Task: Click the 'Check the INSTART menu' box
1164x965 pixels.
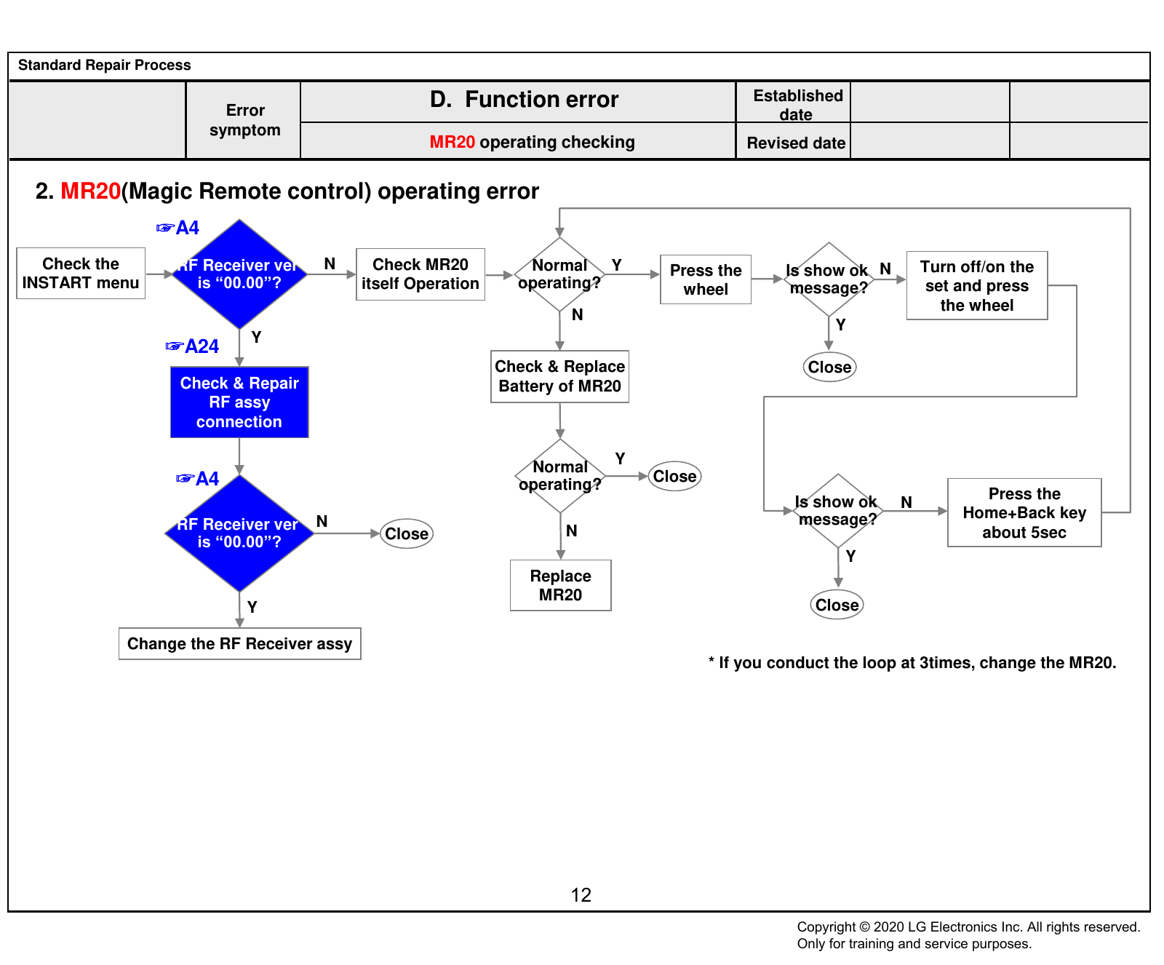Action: tap(81, 273)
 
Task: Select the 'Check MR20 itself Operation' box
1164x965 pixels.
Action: tap(420, 274)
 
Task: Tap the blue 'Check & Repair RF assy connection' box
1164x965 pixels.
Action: tap(239, 402)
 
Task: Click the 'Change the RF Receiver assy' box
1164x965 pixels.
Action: tap(240, 644)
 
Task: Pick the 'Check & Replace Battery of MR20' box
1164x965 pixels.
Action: tap(560, 376)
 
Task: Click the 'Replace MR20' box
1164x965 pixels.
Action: tap(561, 585)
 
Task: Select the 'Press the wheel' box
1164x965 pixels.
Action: tap(706, 279)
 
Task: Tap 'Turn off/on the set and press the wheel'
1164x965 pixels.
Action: tap(977, 286)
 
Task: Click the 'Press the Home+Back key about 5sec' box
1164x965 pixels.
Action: tap(1024, 513)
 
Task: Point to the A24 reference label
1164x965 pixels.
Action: tap(193, 346)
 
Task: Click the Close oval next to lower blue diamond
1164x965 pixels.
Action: tap(407, 534)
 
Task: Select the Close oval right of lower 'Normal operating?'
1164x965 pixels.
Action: tap(674, 477)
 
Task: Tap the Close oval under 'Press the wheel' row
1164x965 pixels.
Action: tap(830, 368)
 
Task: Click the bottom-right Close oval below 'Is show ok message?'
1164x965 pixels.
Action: tap(837, 605)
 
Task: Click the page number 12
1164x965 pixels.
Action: tap(581, 895)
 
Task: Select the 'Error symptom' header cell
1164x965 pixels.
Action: tap(244, 120)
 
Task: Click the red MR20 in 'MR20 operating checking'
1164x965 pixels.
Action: tap(452, 142)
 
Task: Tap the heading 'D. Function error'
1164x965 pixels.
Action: tap(524, 100)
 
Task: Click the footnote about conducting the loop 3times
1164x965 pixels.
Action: tap(912, 663)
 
